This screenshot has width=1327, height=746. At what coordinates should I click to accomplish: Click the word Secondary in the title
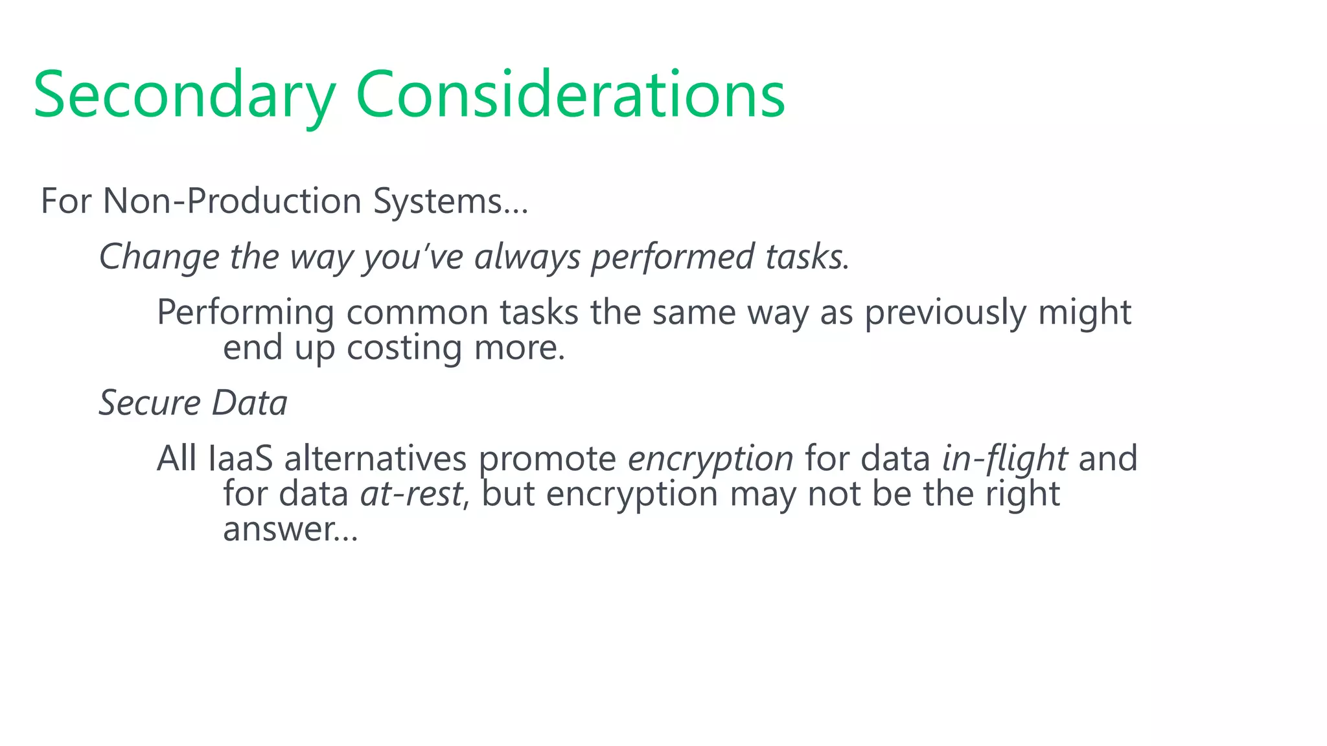tap(184, 96)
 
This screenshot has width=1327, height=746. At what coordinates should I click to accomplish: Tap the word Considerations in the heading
tap(570, 96)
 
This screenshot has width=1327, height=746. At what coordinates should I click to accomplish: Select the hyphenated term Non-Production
tap(232, 201)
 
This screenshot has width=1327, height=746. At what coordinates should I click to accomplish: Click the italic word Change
tap(159, 256)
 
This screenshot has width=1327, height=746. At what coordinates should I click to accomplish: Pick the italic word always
tap(527, 256)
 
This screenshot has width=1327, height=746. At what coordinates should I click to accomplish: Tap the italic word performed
tap(672, 256)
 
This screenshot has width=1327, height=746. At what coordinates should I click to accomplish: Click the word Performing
tap(246, 313)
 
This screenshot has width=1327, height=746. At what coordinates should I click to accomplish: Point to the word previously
tap(945, 313)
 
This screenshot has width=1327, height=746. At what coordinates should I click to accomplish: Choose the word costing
tap(404, 348)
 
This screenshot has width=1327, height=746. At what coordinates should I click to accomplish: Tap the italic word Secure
tap(150, 403)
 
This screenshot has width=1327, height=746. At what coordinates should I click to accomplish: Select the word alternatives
tap(375, 459)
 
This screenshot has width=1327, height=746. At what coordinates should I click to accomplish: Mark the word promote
tap(548, 459)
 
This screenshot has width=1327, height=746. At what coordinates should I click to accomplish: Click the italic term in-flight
tap(1004, 459)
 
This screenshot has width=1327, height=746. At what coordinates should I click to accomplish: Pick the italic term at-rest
tap(411, 494)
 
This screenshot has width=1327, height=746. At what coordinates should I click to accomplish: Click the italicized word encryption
tap(710, 459)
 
